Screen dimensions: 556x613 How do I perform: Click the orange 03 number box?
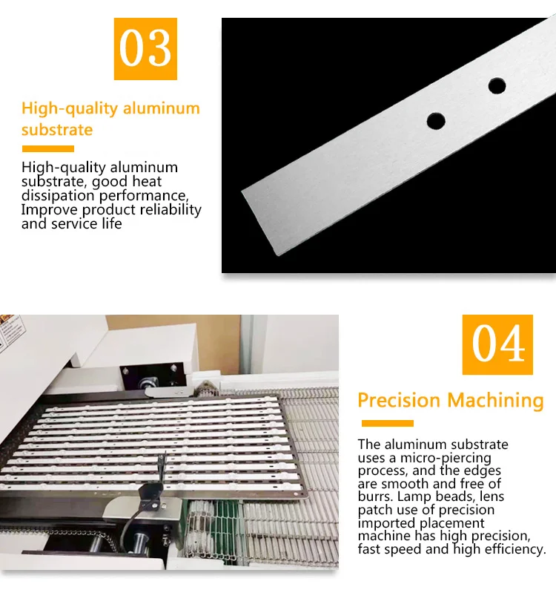145,49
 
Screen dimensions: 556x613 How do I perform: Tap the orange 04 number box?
497,344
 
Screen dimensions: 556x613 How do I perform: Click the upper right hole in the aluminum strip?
497,86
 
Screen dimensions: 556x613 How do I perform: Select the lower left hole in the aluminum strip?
436,121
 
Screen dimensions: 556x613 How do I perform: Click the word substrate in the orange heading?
57,130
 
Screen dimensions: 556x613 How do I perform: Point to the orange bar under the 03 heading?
48,148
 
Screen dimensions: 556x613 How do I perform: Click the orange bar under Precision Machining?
387,424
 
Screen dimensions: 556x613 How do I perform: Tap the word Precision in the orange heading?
399,400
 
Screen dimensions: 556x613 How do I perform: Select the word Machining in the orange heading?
495,401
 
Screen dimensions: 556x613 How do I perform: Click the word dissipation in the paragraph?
58,195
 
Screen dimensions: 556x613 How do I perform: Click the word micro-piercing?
446,458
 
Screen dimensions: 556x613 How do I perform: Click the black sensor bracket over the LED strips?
151,488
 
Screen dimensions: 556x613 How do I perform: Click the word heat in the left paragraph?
147,181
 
